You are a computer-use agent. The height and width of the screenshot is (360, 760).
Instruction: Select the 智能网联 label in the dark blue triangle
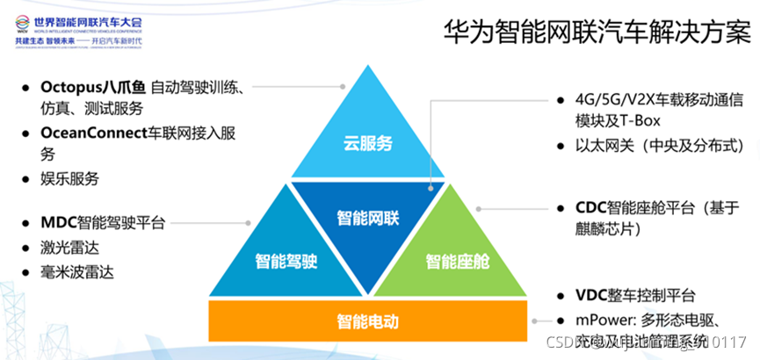coord(368,215)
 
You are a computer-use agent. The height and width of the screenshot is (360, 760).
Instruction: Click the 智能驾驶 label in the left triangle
coord(286,261)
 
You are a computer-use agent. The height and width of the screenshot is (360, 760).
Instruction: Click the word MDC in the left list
coord(59,224)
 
